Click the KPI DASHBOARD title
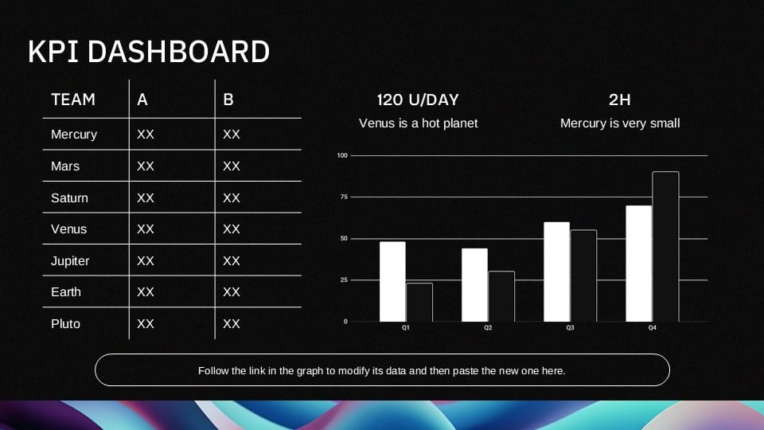tap(148, 52)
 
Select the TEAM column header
tap(73, 100)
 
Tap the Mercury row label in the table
tap(74, 135)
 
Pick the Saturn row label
tap(69, 197)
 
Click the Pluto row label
tap(65, 324)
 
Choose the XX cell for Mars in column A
tap(146, 166)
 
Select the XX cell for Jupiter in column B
tap(232, 261)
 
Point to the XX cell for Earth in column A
tap(146, 292)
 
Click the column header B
tap(228, 100)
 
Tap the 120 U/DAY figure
tap(418, 100)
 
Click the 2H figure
tap(619, 100)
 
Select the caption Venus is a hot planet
tap(418, 123)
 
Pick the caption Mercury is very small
tap(619, 123)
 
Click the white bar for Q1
tap(392, 281)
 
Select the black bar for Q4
tap(665, 247)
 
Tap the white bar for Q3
tap(556, 272)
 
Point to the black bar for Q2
tap(501, 296)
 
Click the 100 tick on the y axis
tap(343, 155)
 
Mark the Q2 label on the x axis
tap(488, 328)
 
